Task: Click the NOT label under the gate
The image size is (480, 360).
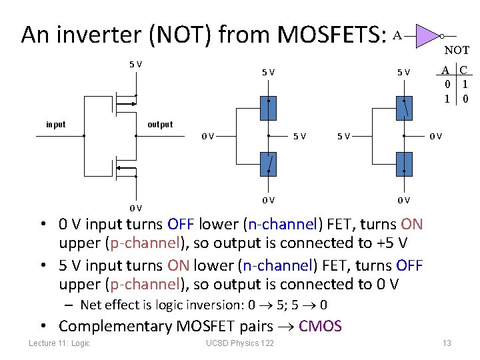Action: tap(457, 50)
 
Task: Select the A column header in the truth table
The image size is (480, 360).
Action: tap(449, 70)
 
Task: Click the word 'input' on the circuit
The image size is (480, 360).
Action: tap(56, 124)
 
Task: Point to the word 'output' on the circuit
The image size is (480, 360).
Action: tap(160, 124)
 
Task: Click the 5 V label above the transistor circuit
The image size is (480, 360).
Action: tap(135, 64)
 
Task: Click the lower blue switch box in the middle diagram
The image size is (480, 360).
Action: tap(269, 163)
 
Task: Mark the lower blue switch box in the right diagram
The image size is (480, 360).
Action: tap(404, 163)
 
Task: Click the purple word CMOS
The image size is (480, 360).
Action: tap(320, 326)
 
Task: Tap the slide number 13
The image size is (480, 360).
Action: tap(447, 343)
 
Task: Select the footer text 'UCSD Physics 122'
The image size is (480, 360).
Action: tap(240, 343)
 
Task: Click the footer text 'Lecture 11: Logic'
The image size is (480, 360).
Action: tap(59, 343)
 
